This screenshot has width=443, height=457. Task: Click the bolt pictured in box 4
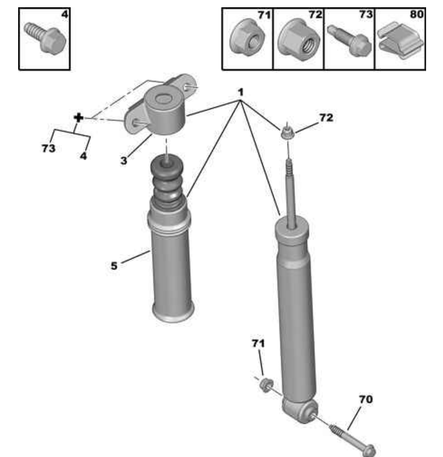[45, 39]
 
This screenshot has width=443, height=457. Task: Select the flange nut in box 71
[247, 38]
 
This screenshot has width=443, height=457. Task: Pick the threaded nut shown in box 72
[299, 40]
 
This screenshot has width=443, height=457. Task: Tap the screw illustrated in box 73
[349, 41]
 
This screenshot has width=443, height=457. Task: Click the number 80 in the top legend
[416, 14]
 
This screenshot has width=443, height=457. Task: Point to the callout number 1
[241, 93]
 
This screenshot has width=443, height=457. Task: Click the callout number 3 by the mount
[124, 160]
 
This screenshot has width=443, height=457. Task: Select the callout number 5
[114, 266]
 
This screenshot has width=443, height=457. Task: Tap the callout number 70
[366, 399]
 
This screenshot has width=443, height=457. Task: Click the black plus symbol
[79, 118]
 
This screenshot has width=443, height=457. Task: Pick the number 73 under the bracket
[48, 148]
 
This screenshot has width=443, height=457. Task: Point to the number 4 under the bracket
[83, 156]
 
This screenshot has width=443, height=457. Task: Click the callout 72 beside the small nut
[326, 118]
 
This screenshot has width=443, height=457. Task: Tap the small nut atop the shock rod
[288, 133]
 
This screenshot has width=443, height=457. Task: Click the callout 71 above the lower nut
[258, 343]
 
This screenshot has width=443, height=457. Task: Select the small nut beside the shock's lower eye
[266, 385]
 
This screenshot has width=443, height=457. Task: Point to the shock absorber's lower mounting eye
[300, 411]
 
